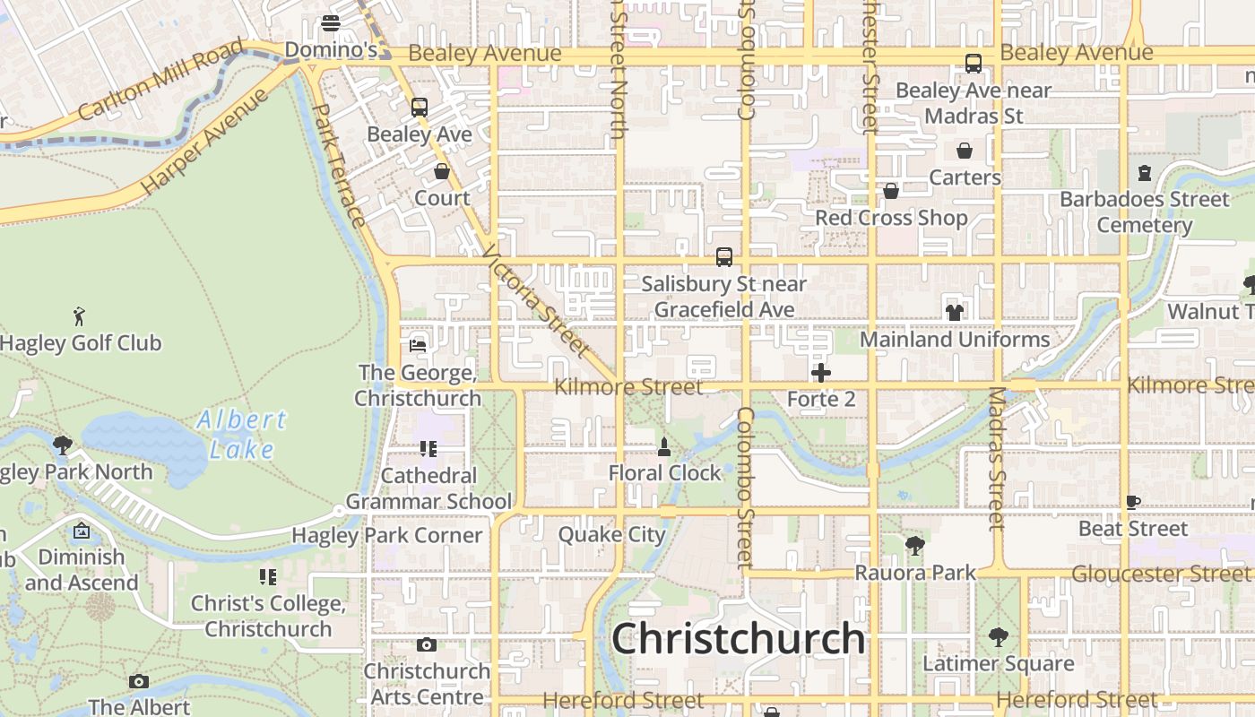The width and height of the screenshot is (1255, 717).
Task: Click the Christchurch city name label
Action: pos(738,639)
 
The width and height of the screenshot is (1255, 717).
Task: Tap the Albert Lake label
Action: pos(241,434)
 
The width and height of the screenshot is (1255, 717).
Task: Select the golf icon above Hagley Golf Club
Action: pos(79,315)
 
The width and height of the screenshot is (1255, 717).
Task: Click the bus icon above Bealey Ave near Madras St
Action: pos(973,64)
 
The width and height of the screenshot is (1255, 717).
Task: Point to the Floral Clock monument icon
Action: pos(664,446)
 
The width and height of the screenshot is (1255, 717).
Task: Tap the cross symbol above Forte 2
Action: pos(820,373)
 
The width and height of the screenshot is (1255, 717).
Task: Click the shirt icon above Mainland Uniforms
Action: pos(954,313)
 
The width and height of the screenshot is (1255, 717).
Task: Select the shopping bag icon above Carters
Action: pos(965,151)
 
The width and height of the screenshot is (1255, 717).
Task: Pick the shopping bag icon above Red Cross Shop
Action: pos(890,191)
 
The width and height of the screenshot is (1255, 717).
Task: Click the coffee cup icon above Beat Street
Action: pos(1132,502)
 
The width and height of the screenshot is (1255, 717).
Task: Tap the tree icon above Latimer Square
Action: pos(998,637)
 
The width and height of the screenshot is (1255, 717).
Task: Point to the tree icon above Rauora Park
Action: pos(914,545)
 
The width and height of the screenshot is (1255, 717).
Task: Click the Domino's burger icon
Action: pos(331,23)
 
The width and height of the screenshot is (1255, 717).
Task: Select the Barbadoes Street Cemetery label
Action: pos(1145,212)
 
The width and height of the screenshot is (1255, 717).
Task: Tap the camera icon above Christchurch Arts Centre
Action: pos(427,644)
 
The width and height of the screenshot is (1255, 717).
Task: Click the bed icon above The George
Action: pos(418,345)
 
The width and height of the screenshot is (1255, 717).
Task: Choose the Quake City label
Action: pos(612,535)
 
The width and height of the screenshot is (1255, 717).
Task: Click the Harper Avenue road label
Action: pos(205,139)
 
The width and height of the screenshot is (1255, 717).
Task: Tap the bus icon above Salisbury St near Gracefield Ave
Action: pos(724,257)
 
